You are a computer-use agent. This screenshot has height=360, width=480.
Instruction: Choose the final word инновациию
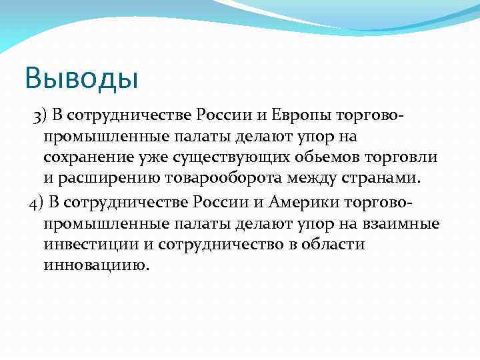tap(93, 265)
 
